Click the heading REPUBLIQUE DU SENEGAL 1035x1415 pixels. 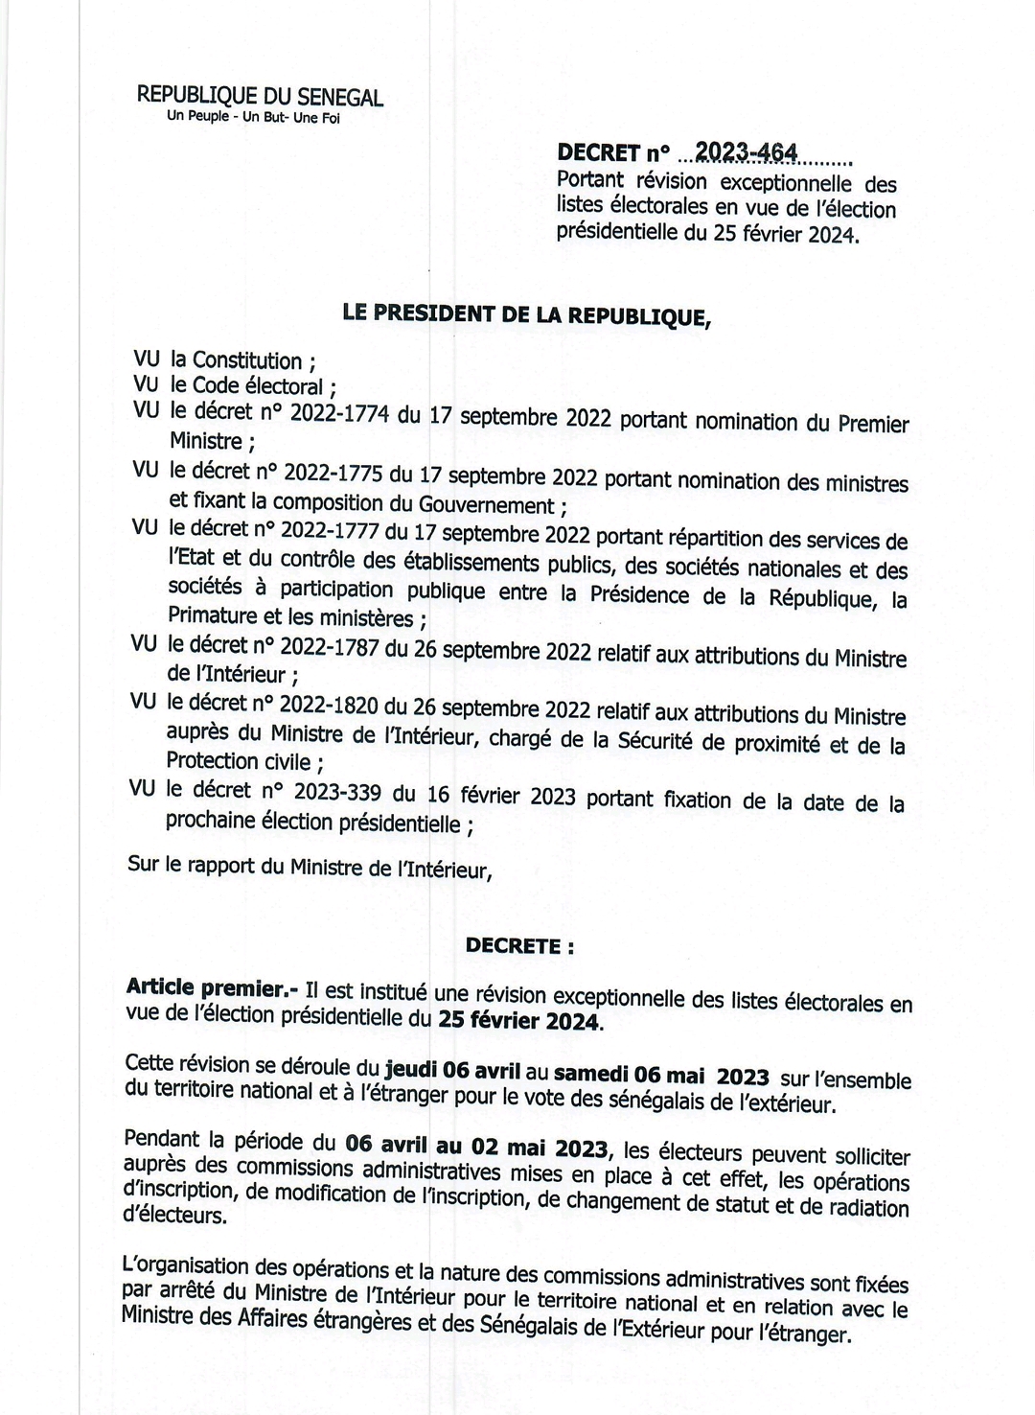260,96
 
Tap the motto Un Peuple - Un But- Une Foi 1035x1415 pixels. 253,118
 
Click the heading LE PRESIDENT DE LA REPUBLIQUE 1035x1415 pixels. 527,313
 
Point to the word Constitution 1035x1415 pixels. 247,360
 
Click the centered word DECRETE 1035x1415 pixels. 516,945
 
